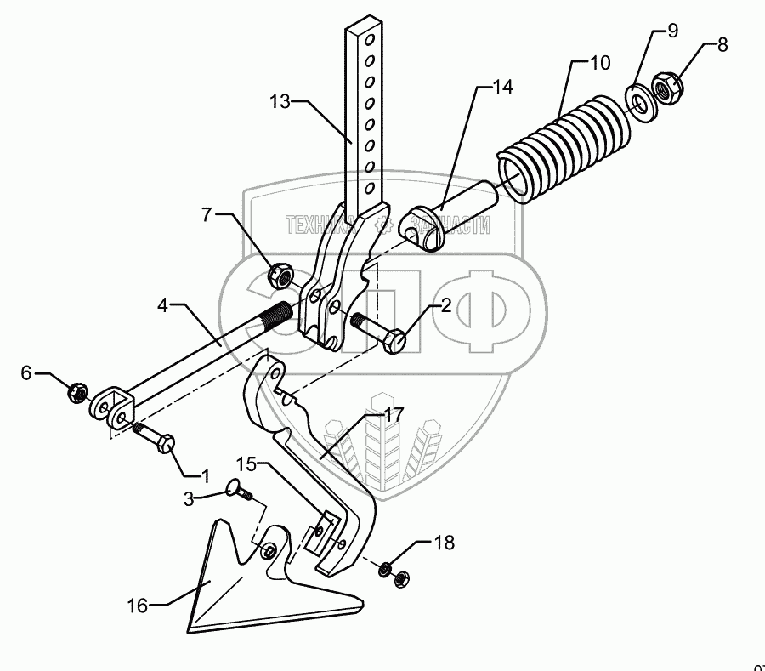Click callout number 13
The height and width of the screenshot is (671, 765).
pos(281,100)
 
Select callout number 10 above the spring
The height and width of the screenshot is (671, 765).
pos(600,63)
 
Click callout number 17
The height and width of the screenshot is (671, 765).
pos(393,416)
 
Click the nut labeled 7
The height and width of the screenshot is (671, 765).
pos(280,275)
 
